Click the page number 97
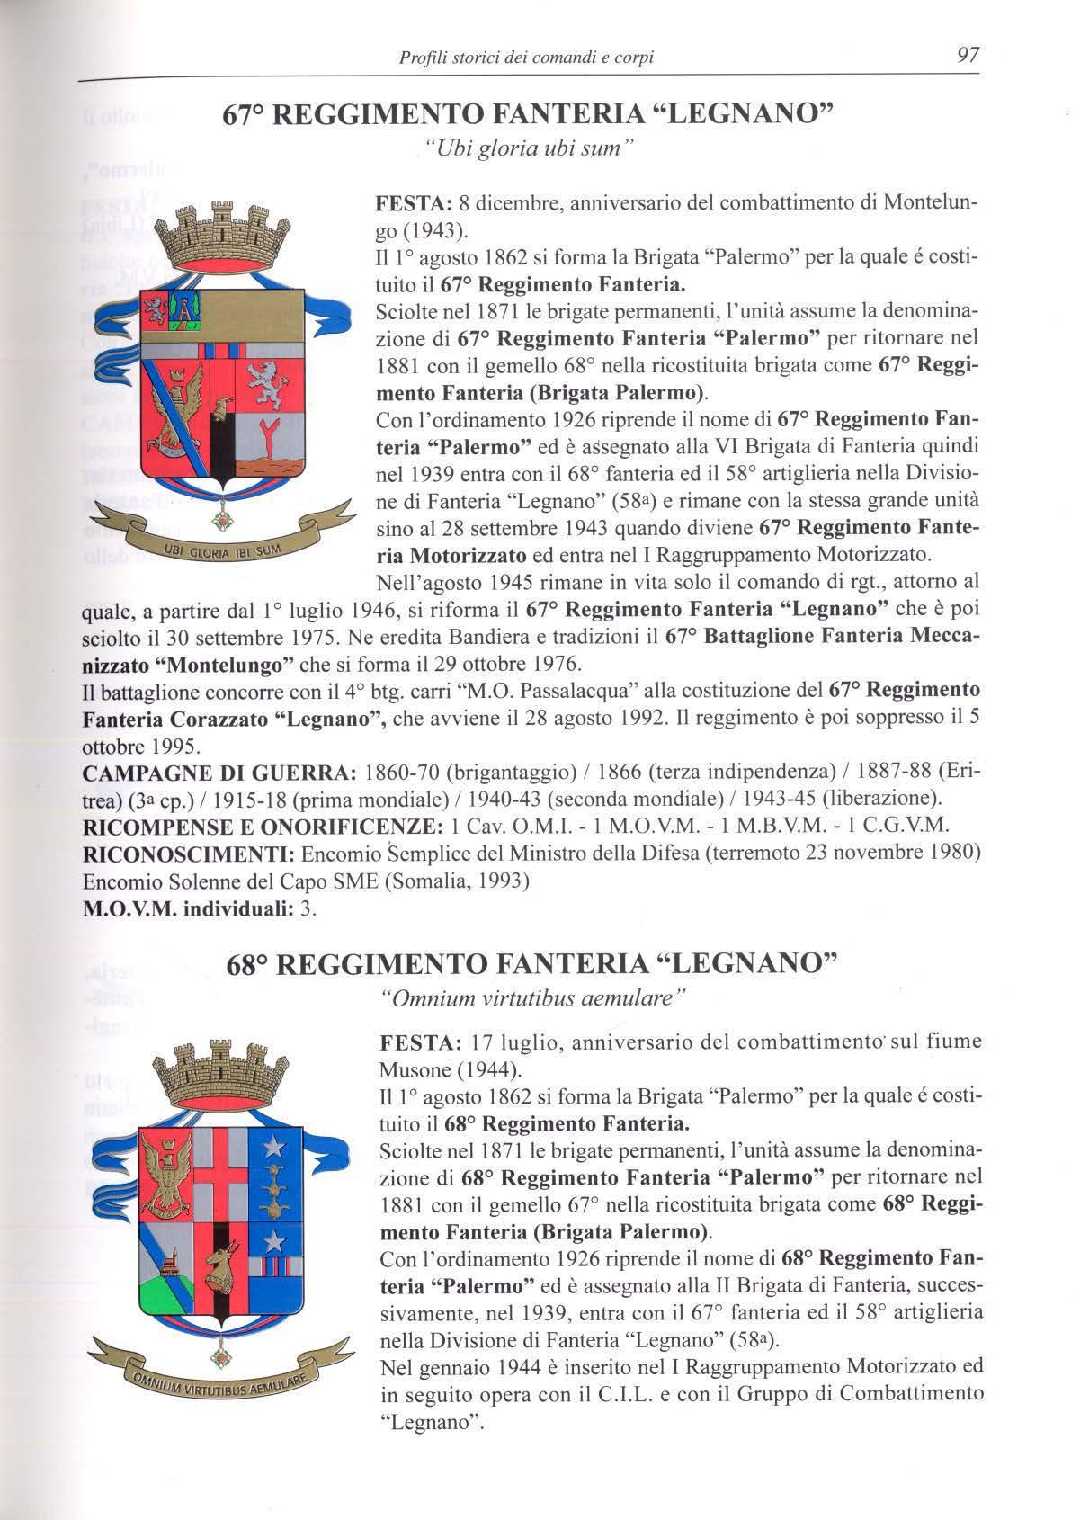(968, 56)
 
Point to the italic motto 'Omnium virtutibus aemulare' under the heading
(533, 999)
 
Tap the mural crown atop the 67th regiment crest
(219, 236)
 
